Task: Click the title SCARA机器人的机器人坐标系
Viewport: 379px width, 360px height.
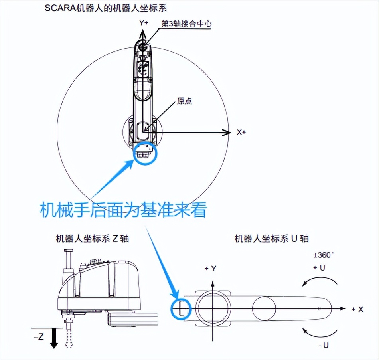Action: pyautogui.click(x=105, y=8)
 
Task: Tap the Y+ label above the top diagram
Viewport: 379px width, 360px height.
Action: pyautogui.click(x=144, y=23)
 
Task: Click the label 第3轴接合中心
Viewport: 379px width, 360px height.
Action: pyautogui.click(x=186, y=24)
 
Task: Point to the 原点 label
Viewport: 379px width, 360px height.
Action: pyautogui.click(x=184, y=101)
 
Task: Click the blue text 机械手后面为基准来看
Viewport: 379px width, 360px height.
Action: pyautogui.click(x=123, y=209)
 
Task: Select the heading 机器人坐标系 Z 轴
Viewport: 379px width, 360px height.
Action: pyautogui.click(x=92, y=239)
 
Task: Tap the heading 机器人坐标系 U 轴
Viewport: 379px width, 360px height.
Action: pyautogui.click(x=271, y=239)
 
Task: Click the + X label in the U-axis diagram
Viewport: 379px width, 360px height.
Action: pyautogui.click(x=357, y=309)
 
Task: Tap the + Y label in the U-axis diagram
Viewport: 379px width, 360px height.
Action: pyautogui.click(x=210, y=269)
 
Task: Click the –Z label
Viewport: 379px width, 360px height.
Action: pyautogui.click(x=39, y=337)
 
